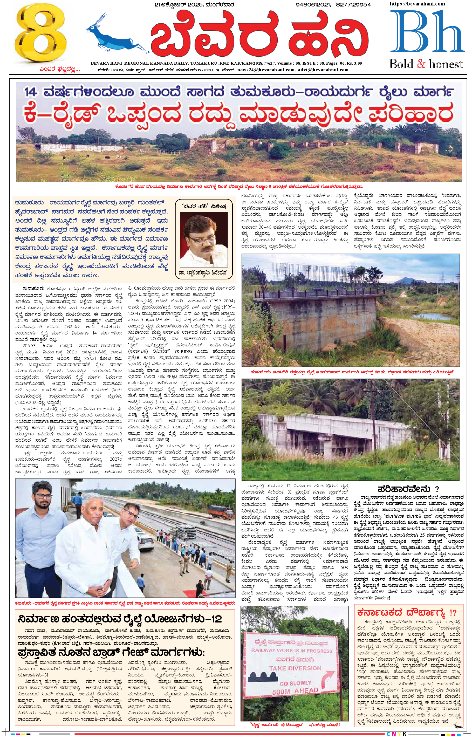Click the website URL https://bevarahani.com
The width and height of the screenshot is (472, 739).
[417, 4]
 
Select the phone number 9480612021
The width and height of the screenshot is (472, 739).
[313, 5]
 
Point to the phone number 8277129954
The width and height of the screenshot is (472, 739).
[353, 5]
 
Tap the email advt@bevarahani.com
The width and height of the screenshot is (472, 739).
[323, 70]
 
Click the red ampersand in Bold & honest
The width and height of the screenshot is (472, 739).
[421, 64]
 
